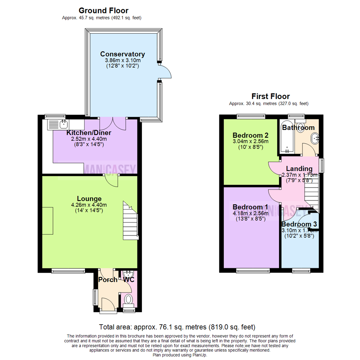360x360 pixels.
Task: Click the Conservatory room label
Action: coord(123,54)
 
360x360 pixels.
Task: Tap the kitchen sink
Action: coord(58,125)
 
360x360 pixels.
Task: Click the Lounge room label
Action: coord(89,199)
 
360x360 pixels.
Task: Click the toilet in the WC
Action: coord(128,300)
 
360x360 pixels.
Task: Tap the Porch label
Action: coord(108,280)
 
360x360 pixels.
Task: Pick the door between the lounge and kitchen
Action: coord(110,180)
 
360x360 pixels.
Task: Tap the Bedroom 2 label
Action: coord(250,135)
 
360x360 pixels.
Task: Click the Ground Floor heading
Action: coord(103,11)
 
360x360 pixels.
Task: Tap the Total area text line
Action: coord(177,327)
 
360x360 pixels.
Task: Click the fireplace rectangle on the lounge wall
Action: coord(47,221)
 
